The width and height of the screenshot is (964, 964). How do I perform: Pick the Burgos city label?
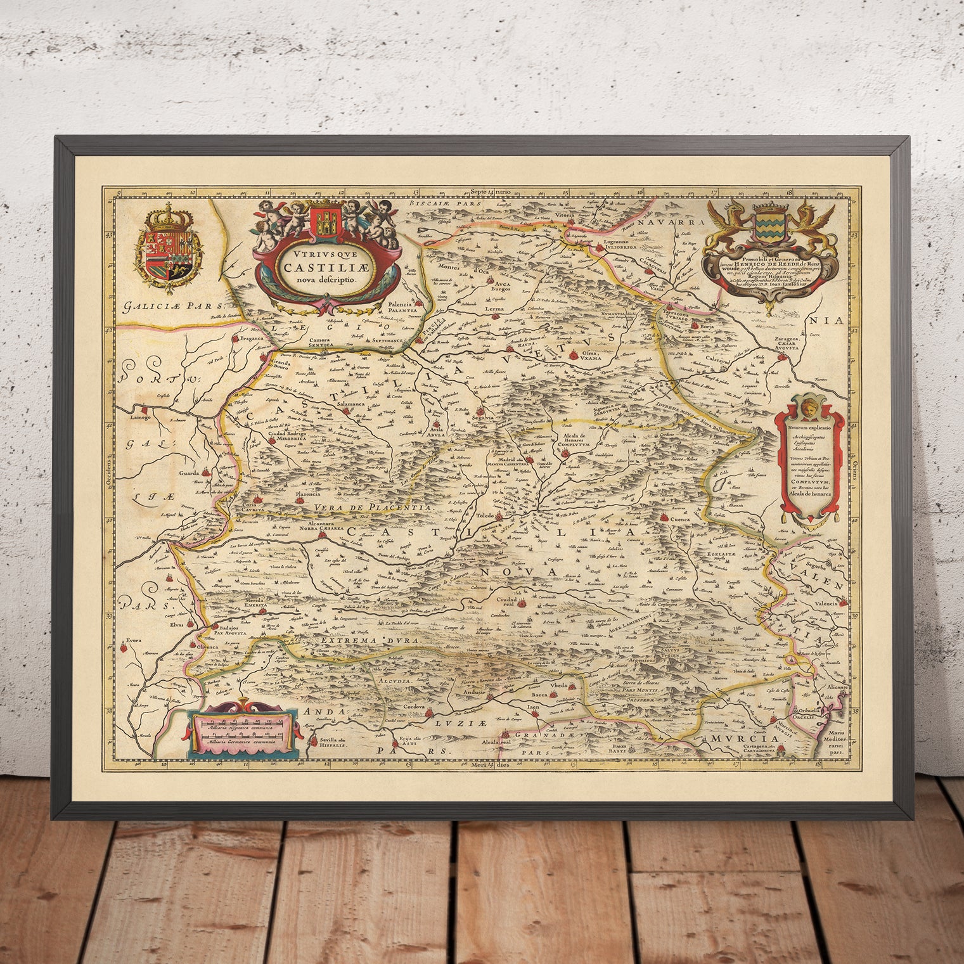point(499,293)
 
